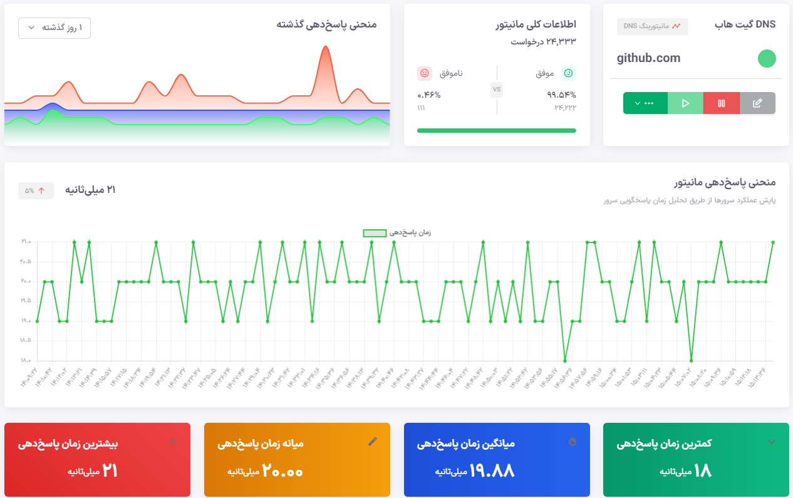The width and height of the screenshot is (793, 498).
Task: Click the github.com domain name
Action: point(648,58)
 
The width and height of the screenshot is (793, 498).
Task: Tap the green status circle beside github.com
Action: point(767,59)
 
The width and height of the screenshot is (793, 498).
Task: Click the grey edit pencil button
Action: point(757,103)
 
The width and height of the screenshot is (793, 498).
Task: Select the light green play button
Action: point(685,103)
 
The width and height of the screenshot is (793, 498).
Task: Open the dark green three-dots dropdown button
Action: point(645,103)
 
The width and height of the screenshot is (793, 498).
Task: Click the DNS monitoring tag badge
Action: point(653,26)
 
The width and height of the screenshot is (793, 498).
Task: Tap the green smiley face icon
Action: point(568,73)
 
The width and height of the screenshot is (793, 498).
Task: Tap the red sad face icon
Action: point(425,73)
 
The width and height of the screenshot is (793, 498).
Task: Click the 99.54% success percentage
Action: point(561,95)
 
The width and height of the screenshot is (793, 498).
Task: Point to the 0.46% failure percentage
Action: point(429,95)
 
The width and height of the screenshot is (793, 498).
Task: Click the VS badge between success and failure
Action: point(497,90)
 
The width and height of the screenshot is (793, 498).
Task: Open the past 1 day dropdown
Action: point(54,28)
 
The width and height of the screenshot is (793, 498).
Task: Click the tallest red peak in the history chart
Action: point(324,48)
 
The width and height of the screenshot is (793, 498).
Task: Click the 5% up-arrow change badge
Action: point(36,190)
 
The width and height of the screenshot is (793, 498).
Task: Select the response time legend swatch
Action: point(375,232)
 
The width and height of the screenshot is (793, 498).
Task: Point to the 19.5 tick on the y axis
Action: point(25,301)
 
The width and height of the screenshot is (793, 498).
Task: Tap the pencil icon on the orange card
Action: point(373,442)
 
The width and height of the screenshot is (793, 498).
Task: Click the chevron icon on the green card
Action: point(771,442)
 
